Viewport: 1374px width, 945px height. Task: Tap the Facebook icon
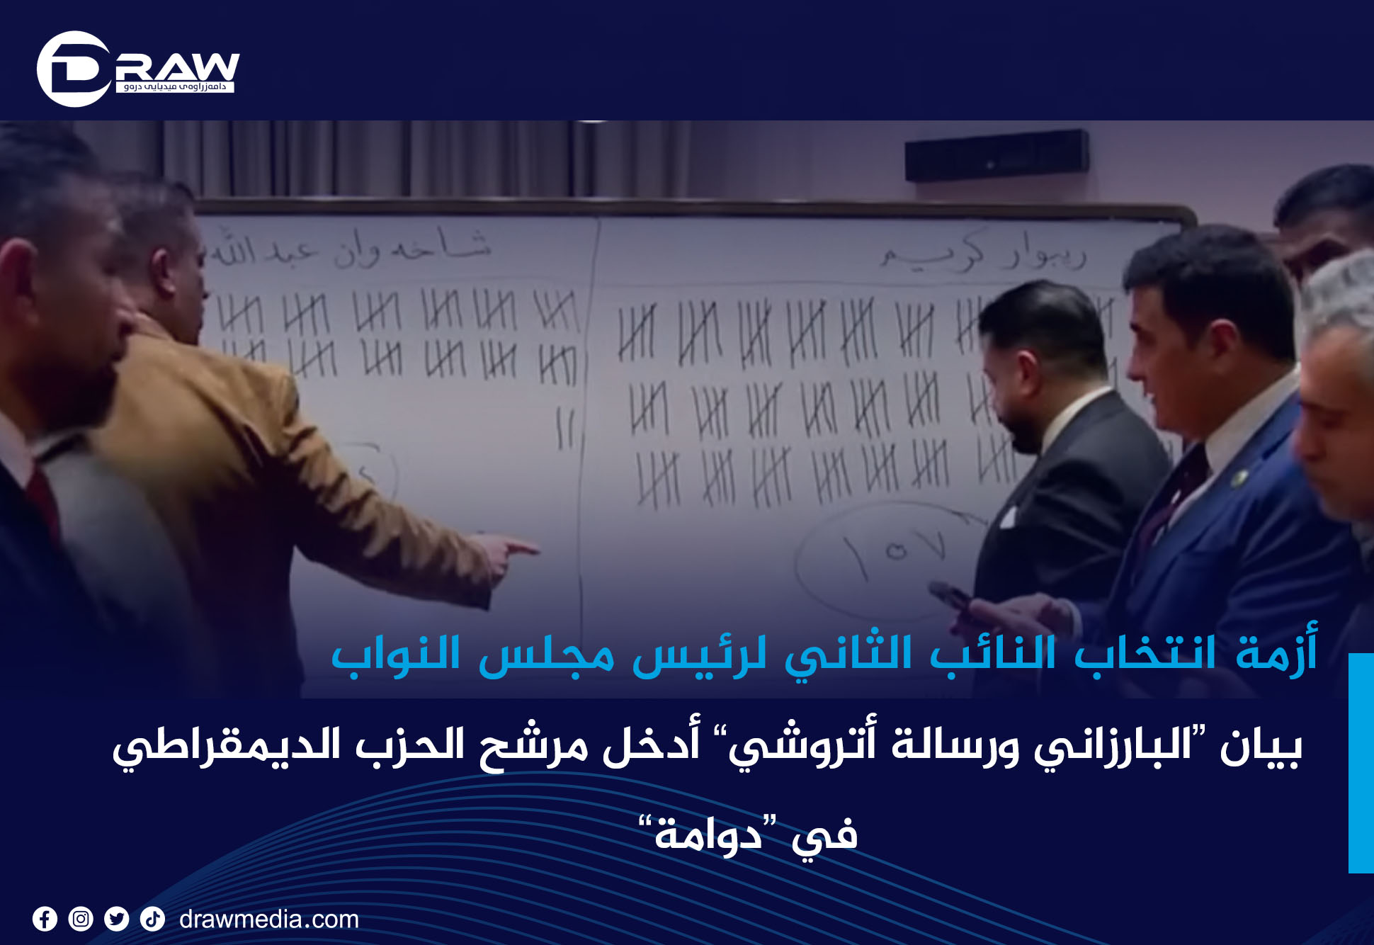(x=45, y=919)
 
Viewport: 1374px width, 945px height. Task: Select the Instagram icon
(x=81, y=919)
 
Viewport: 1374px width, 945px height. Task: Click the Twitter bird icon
(x=117, y=919)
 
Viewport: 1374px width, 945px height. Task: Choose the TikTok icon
(x=152, y=919)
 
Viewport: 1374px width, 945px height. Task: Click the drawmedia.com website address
(x=269, y=919)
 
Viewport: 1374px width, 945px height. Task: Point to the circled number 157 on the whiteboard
(x=892, y=553)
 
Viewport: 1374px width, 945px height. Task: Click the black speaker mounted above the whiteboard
(x=997, y=155)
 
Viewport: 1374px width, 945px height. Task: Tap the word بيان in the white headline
(x=1261, y=747)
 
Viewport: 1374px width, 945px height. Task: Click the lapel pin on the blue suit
(x=1238, y=480)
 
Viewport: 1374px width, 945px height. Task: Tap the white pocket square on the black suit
(x=1007, y=517)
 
